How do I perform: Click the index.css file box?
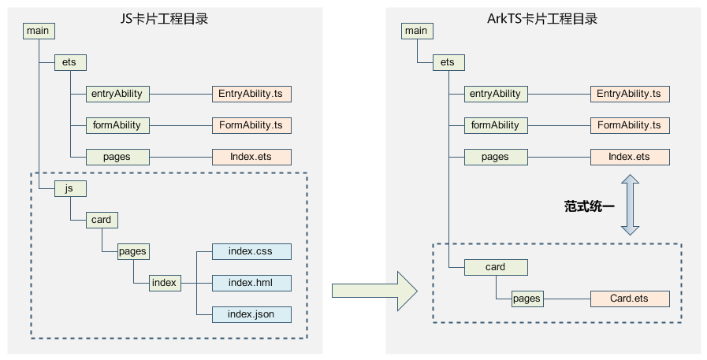pyautogui.click(x=251, y=251)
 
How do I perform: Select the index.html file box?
pyautogui.click(x=251, y=283)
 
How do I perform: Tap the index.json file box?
pyautogui.click(x=251, y=314)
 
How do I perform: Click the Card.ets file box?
pyautogui.click(x=630, y=299)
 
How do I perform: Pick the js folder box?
pyautogui.click(x=70, y=188)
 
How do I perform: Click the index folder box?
pyautogui.click(x=165, y=283)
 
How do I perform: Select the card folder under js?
pyautogui.click(x=102, y=220)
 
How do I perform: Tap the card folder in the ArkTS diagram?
pyautogui.click(x=496, y=267)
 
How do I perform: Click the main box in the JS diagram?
pyautogui.click(x=39, y=31)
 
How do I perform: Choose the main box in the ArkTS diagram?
pyautogui.click(x=417, y=31)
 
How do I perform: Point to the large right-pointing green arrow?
pyautogui.click(x=374, y=291)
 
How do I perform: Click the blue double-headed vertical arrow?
pyautogui.click(x=630, y=205)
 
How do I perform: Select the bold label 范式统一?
pyautogui.click(x=589, y=206)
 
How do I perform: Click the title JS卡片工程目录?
pyautogui.click(x=164, y=19)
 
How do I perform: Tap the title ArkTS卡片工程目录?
pyautogui.click(x=542, y=19)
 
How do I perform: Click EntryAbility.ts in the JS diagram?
pyautogui.click(x=251, y=94)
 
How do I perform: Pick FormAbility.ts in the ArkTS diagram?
pyautogui.click(x=630, y=125)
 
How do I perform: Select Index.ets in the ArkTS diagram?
pyautogui.click(x=630, y=157)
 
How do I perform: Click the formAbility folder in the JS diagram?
pyautogui.click(x=117, y=125)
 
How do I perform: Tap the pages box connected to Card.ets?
pyautogui.click(x=527, y=299)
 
